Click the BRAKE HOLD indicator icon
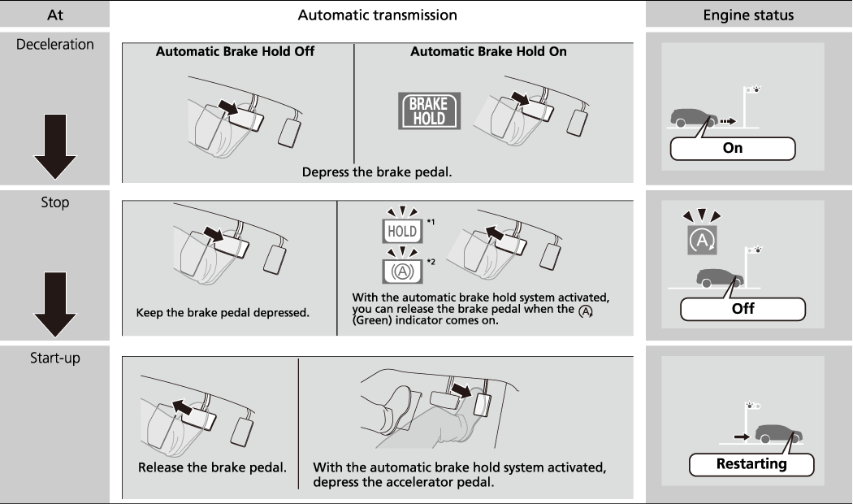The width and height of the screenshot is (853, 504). coord(427,111)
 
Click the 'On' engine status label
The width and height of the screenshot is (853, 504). coord(732,149)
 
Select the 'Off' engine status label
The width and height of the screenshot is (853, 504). coord(742,308)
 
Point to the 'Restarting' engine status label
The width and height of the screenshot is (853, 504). coord(751,464)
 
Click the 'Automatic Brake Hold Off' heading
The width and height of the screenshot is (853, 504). coord(235,51)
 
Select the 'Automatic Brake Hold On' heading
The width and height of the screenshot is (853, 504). coord(488,51)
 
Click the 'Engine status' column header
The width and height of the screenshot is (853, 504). coord(749,15)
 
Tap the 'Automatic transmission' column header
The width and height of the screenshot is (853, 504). coord(377,15)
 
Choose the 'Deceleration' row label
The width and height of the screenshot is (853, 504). coord(55,44)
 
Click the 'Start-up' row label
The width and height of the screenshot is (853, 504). coord(55,358)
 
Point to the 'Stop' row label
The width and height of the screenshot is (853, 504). coord(55,202)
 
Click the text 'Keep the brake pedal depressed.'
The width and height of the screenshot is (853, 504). coord(223,313)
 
